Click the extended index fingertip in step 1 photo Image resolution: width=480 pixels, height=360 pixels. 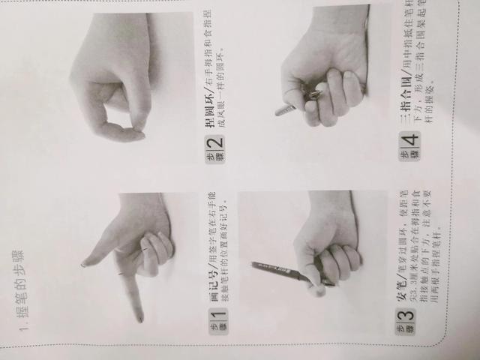click(x=139, y=318)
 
